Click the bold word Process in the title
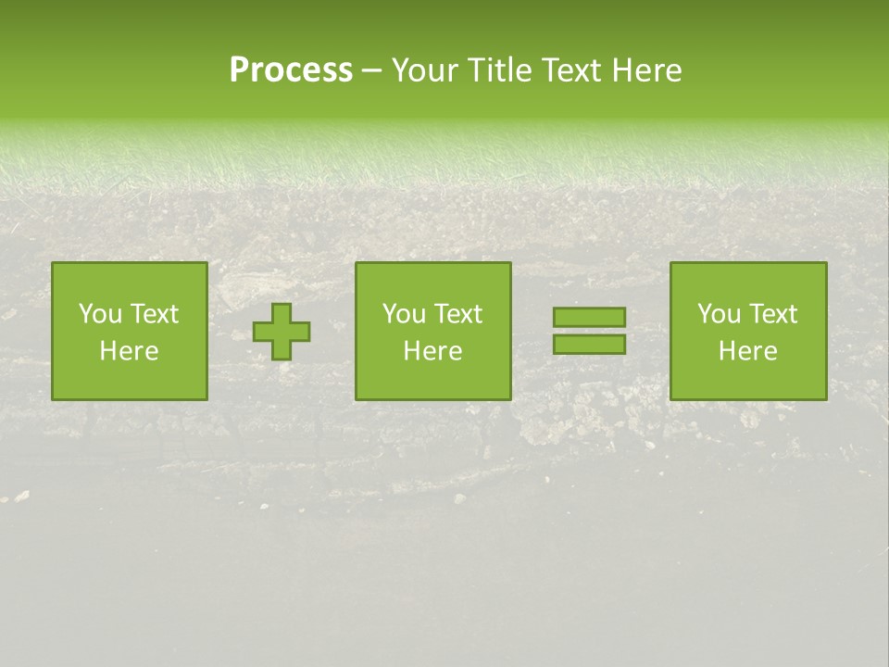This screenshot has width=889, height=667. point(291,70)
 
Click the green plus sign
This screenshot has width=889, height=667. point(282,332)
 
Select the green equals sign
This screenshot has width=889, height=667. point(589,331)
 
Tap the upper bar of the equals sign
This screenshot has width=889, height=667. point(589,318)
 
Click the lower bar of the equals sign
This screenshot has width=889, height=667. point(589,345)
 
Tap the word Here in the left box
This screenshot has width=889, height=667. point(130,351)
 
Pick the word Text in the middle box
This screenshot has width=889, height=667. point(457,314)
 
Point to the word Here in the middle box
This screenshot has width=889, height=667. point(433,351)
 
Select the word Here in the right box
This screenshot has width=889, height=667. point(748,351)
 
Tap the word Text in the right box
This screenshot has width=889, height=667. point(772,314)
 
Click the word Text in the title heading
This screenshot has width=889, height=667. point(570,70)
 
